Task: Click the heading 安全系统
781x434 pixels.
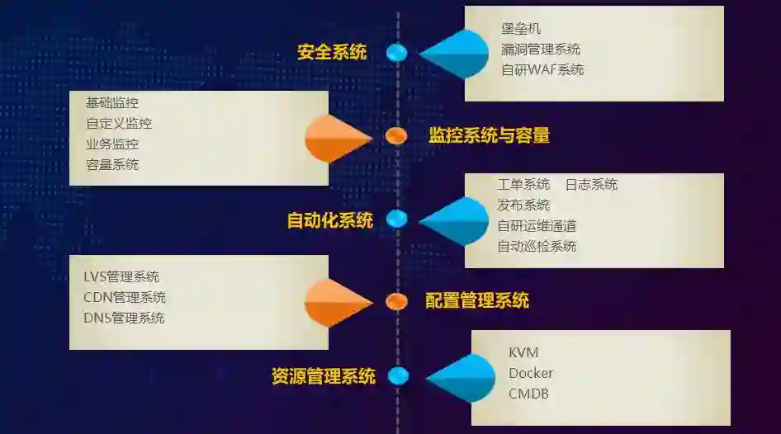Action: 332,53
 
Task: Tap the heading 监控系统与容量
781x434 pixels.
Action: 489,136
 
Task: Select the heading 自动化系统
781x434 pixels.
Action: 329,220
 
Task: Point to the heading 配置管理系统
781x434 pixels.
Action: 477,301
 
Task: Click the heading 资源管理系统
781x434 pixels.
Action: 323,377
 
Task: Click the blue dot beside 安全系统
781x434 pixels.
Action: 397,53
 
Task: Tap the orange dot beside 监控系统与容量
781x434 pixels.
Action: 396,136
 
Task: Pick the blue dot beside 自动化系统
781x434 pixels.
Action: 397,219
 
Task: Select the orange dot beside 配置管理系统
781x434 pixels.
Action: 397,301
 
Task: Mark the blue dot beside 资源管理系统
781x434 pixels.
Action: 398,376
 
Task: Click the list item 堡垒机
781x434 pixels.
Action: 521,30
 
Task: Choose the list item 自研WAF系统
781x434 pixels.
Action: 542,70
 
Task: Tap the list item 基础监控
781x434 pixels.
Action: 112,103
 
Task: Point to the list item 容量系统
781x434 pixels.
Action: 112,164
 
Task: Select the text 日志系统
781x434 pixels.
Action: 591,184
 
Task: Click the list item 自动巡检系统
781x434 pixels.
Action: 537,246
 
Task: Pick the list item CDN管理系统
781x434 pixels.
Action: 124,297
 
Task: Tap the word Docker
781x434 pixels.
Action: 531,373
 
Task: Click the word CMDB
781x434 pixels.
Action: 528,394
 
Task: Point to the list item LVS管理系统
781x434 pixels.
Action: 121,276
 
